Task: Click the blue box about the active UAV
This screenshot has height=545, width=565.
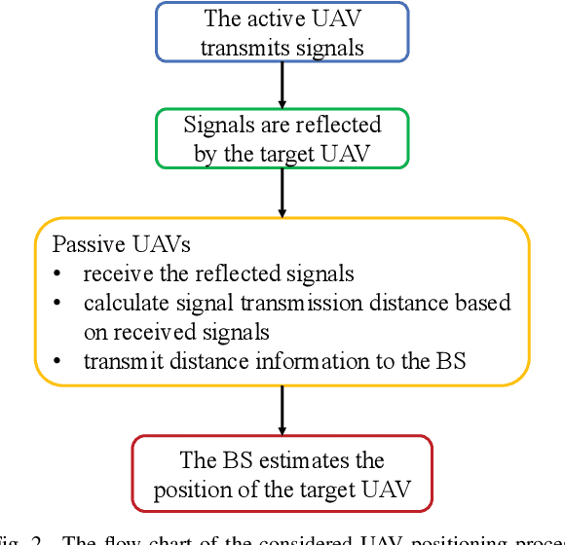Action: pos(282,32)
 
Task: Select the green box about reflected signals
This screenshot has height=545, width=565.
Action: pos(282,138)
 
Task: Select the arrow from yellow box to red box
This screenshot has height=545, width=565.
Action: pos(282,409)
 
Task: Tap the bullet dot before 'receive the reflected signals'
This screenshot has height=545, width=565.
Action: pos(58,273)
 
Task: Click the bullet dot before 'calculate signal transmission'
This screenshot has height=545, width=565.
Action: pos(58,303)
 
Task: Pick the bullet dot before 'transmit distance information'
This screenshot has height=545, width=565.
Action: pos(58,361)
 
